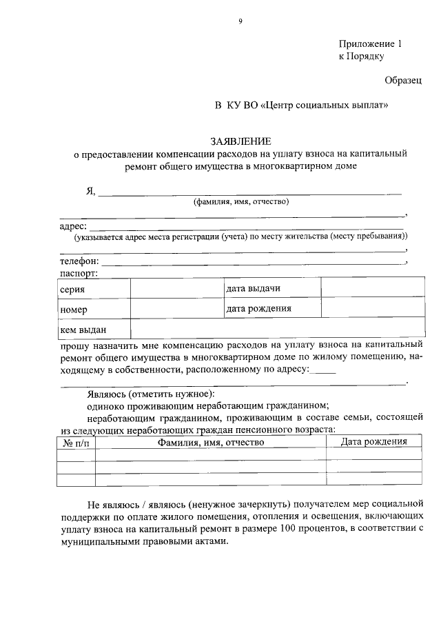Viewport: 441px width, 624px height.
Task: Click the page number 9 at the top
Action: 240,21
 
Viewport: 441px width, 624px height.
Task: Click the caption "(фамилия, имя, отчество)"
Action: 240,202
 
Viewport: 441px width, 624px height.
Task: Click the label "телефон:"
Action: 79,261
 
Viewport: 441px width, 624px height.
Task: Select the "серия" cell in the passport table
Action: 72,289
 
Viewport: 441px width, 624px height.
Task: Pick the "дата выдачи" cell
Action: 253,288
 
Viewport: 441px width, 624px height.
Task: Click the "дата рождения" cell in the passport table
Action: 258,308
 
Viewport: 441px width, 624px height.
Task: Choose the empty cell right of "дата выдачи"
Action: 371,288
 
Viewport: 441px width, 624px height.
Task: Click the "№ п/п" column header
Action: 75,442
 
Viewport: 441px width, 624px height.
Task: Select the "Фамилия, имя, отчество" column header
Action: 211,442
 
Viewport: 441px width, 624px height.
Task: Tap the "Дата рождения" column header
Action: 374,441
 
